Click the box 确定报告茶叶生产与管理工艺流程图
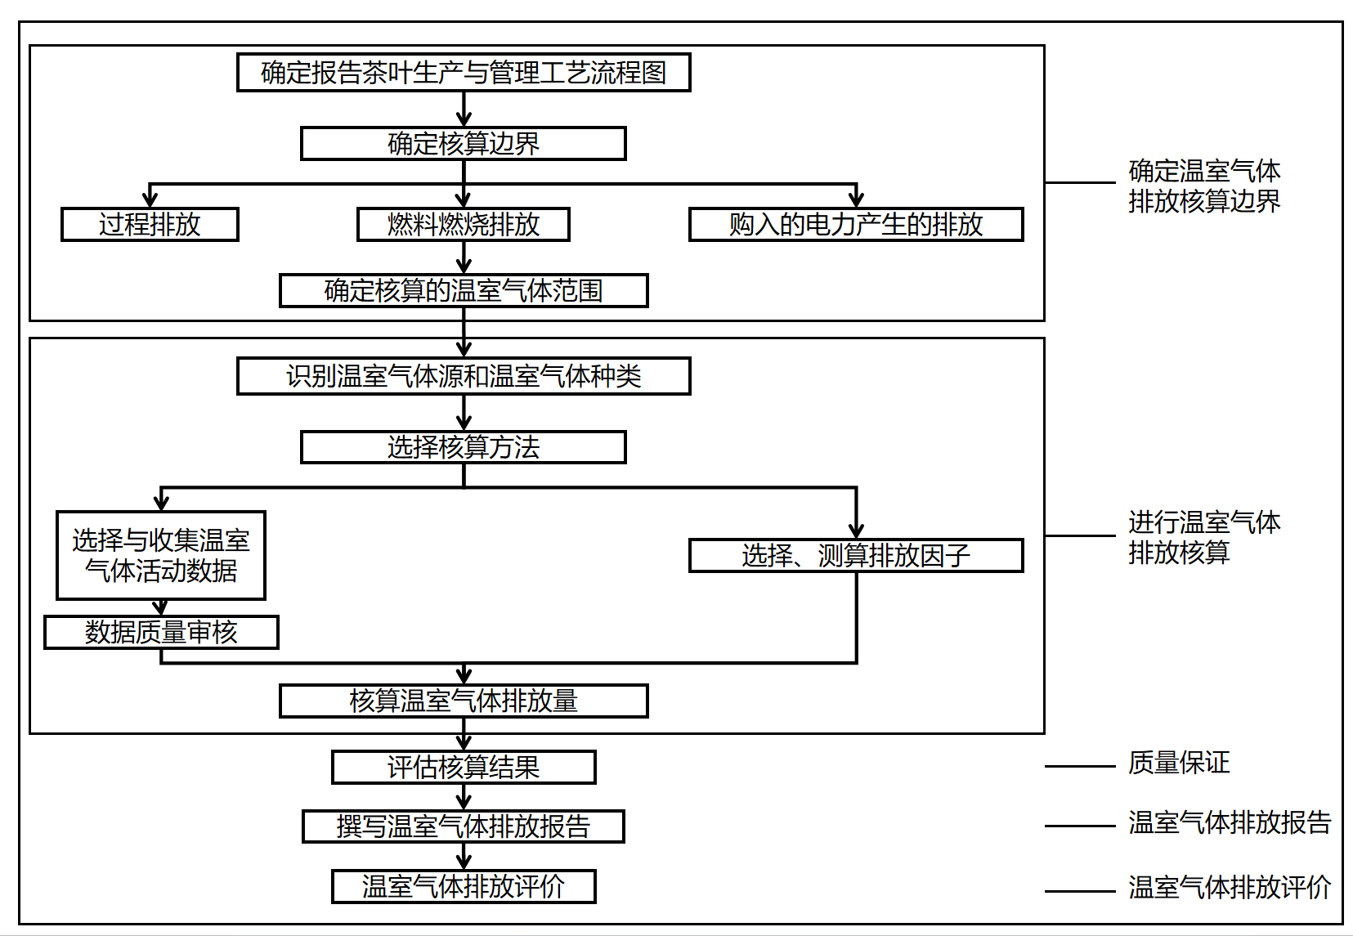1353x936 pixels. tap(464, 73)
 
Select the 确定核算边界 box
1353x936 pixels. tap(464, 144)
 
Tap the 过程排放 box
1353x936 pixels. tap(150, 225)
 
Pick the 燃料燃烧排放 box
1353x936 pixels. tap(464, 225)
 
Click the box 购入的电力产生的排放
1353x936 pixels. tap(856, 225)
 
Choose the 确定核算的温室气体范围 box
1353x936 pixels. tap(464, 291)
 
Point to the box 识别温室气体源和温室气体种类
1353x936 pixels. tap(464, 376)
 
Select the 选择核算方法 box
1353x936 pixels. tap(464, 448)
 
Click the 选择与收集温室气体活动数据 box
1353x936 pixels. tap(161, 556)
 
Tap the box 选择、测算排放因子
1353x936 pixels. tap(856, 556)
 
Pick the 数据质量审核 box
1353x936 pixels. tap(161, 633)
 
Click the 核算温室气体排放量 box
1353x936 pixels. tap(464, 701)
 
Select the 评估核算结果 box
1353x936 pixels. tap(464, 768)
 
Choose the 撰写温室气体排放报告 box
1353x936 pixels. tap(464, 826)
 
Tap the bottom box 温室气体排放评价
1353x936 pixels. tap(464, 887)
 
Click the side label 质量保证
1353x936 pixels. tap(1179, 764)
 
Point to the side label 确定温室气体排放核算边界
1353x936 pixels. tap(1204, 186)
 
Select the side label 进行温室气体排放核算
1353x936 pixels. tap(1204, 538)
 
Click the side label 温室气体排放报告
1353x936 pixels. tap(1230, 823)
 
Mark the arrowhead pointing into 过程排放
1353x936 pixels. tap(150, 200)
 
